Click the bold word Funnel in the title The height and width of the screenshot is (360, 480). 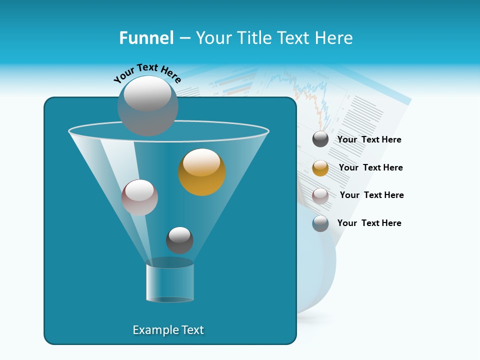(x=146, y=38)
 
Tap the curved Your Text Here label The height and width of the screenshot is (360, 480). (x=147, y=72)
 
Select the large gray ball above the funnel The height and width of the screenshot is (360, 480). (x=148, y=106)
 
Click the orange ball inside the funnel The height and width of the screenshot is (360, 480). (x=202, y=172)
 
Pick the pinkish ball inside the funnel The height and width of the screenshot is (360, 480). (x=139, y=197)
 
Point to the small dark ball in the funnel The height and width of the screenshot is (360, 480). (x=179, y=240)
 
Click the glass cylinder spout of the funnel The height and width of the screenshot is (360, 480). (x=170, y=283)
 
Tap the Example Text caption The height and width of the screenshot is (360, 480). (x=168, y=330)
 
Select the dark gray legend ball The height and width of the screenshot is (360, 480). (x=320, y=139)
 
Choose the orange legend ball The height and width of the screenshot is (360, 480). (x=320, y=168)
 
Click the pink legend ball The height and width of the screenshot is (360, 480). (x=320, y=195)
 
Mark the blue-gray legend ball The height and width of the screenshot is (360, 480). (x=320, y=223)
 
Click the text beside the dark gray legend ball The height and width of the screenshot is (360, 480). (x=369, y=139)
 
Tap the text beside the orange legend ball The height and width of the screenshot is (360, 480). (x=370, y=167)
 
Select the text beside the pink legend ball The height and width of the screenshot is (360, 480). (x=371, y=195)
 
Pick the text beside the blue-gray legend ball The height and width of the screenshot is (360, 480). (x=369, y=223)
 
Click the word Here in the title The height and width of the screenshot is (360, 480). (x=335, y=38)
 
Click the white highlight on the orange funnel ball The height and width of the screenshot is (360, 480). (x=202, y=162)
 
